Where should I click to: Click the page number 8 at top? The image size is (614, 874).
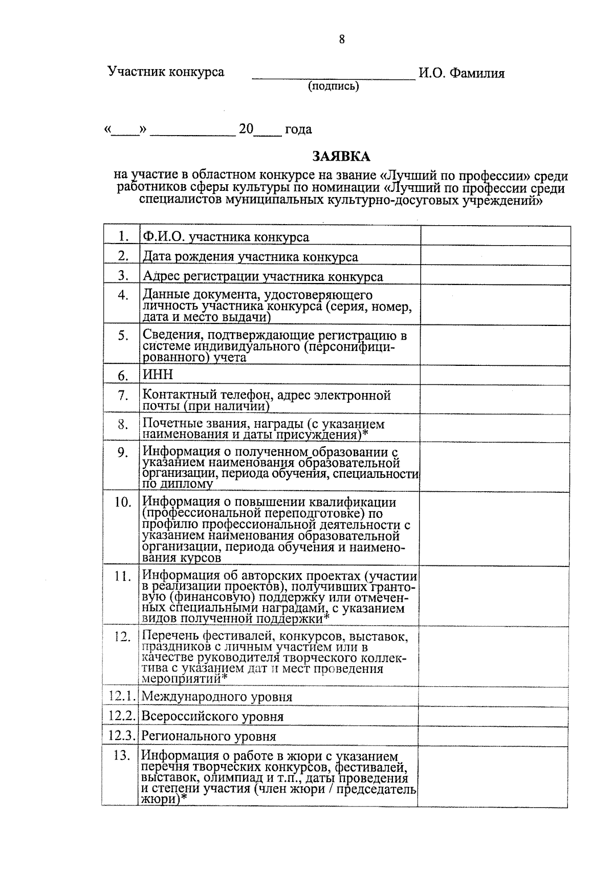[342, 39]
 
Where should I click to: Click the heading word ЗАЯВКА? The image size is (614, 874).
[341, 156]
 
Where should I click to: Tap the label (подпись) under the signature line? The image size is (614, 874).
[333, 86]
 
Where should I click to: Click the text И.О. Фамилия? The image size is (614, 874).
[462, 73]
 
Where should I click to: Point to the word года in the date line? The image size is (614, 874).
[298, 129]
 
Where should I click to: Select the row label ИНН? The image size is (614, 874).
[158, 375]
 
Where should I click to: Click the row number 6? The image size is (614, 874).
[122, 376]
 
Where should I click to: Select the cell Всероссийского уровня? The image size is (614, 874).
[212, 716]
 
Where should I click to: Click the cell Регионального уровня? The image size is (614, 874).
[209, 736]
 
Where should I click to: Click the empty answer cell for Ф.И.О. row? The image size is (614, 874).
[495, 236]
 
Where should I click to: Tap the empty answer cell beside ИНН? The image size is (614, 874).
[495, 375]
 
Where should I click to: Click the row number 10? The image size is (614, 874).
[122, 502]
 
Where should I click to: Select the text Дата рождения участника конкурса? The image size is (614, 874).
[250, 257]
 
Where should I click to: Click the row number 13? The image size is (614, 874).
[122, 755]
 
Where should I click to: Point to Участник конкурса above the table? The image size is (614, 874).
[166, 72]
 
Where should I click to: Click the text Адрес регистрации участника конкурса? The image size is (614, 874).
[262, 277]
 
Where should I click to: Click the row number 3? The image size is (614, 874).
[122, 275]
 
